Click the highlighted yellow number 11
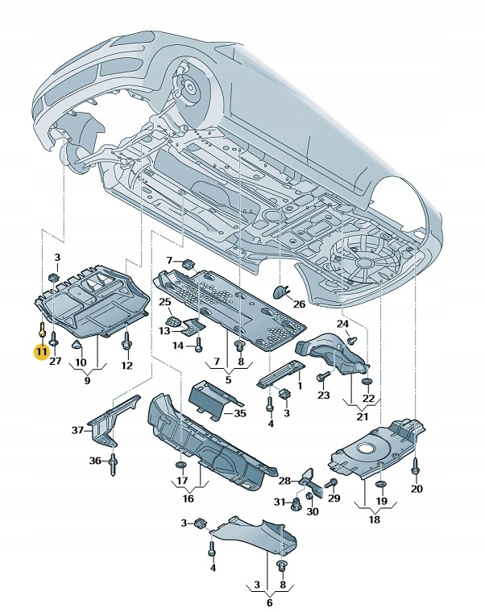click(39, 351)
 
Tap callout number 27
click(55, 362)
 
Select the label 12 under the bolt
click(126, 366)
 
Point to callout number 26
click(299, 304)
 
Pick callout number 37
click(77, 430)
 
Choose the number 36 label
click(94, 461)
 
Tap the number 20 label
click(416, 489)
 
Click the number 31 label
click(279, 502)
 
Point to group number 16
click(187, 498)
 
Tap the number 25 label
click(164, 302)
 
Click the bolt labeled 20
click(416, 467)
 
